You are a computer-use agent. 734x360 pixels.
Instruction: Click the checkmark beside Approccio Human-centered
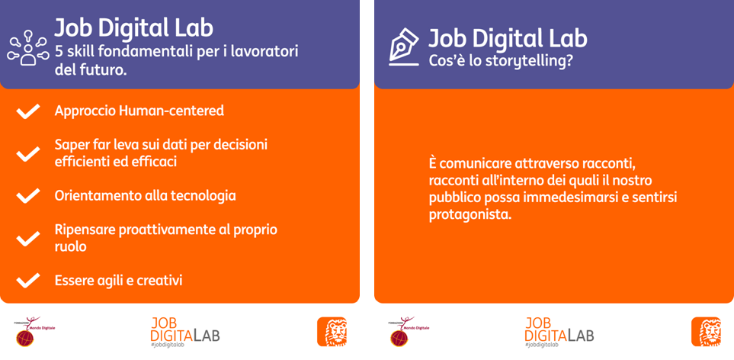(x=27, y=111)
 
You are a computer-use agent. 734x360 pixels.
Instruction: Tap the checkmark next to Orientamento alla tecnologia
(x=27, y=196)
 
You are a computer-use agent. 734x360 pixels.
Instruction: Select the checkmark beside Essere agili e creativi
(x=27, y=281)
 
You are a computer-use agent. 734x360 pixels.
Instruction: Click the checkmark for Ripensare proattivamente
(x=27, y=238)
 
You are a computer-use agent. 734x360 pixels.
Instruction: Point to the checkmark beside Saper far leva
(x=27, y=153)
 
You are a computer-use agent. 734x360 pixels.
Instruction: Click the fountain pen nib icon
(x=404, y=47)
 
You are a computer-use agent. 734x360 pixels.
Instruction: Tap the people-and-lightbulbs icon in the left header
(x=28, y=47)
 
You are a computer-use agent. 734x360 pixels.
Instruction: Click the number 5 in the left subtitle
(x=59, y=50)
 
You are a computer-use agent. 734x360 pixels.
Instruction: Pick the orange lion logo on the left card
(x=332, y=332)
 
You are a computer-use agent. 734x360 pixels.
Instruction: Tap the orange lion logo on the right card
(x=707, y=332)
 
